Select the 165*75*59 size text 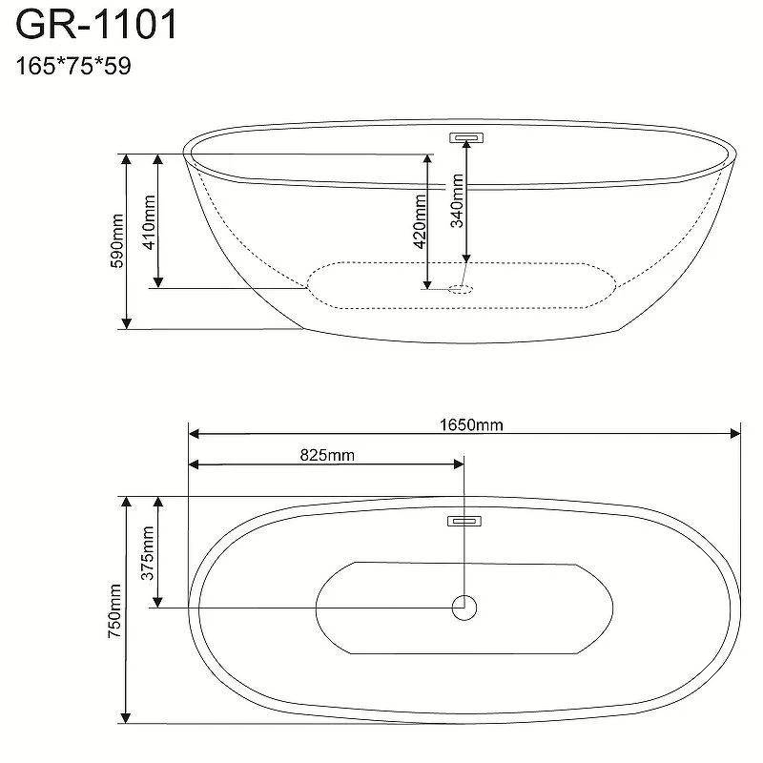(74, 67)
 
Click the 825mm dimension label (327, 455)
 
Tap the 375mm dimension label (148, 551)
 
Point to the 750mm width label (115, 610)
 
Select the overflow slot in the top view (464, 522)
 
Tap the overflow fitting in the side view (466, 137)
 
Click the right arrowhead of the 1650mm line (735, 434)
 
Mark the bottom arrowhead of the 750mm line (126, 716)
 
